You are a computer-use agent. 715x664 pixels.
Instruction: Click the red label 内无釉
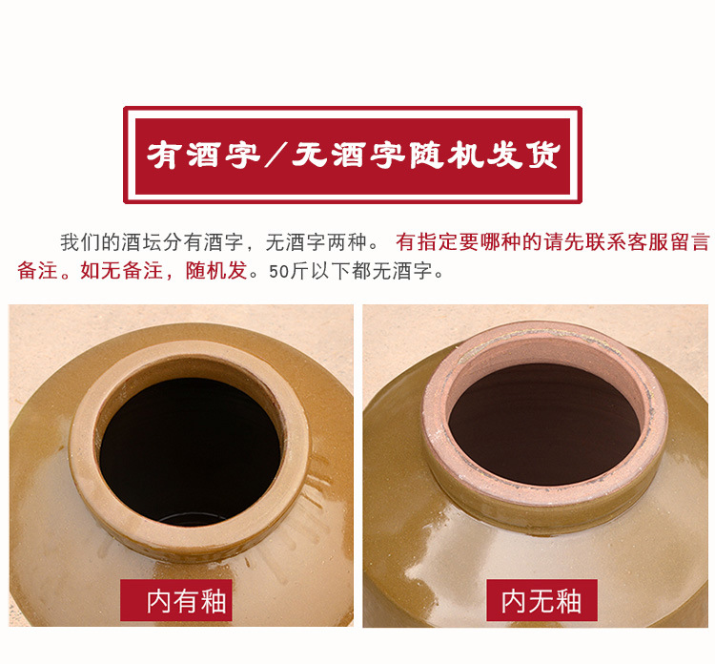(x=541, y=601)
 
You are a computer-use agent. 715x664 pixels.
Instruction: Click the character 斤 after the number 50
(x=299, y=271)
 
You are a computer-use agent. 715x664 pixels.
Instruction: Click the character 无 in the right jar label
(x=541, y=601)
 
